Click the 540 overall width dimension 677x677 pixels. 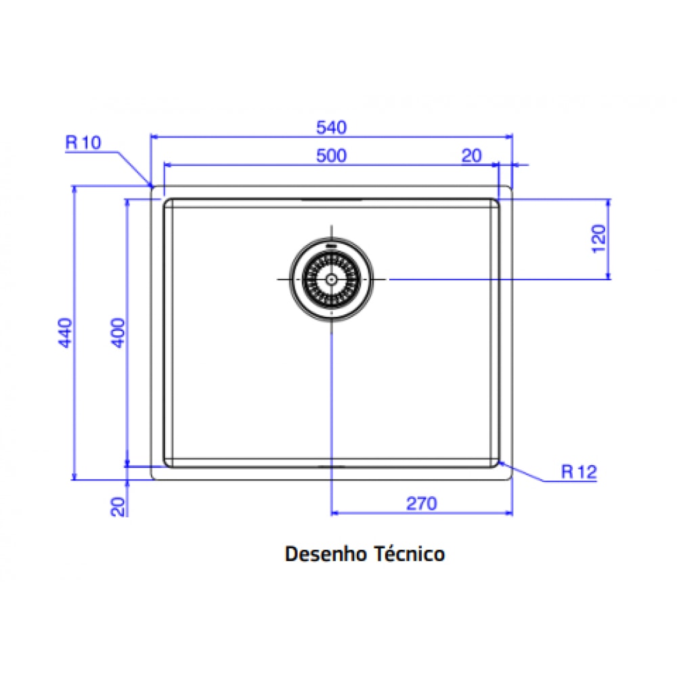pyautogui.click(x=331, y=128)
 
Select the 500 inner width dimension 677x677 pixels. pyautogui.click(x=331, y=156)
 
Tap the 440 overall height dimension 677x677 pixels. pyautogui.click(x=65, y=332)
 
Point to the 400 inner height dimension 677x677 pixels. pyautogui.click(x=118, y=332)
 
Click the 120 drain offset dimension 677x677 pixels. pyautogui.click(x=599, y=239)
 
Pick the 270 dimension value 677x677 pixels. pyautogui.click(x=421, y=504)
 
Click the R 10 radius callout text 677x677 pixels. pyautogui.click(x=83, y=142)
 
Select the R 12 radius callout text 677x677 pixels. pyautogui.click(x=579, y=471)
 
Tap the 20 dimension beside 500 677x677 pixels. pyautogui.click(x=471, y=156)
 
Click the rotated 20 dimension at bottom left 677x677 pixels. pyautogui.click(x=118, y=507)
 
